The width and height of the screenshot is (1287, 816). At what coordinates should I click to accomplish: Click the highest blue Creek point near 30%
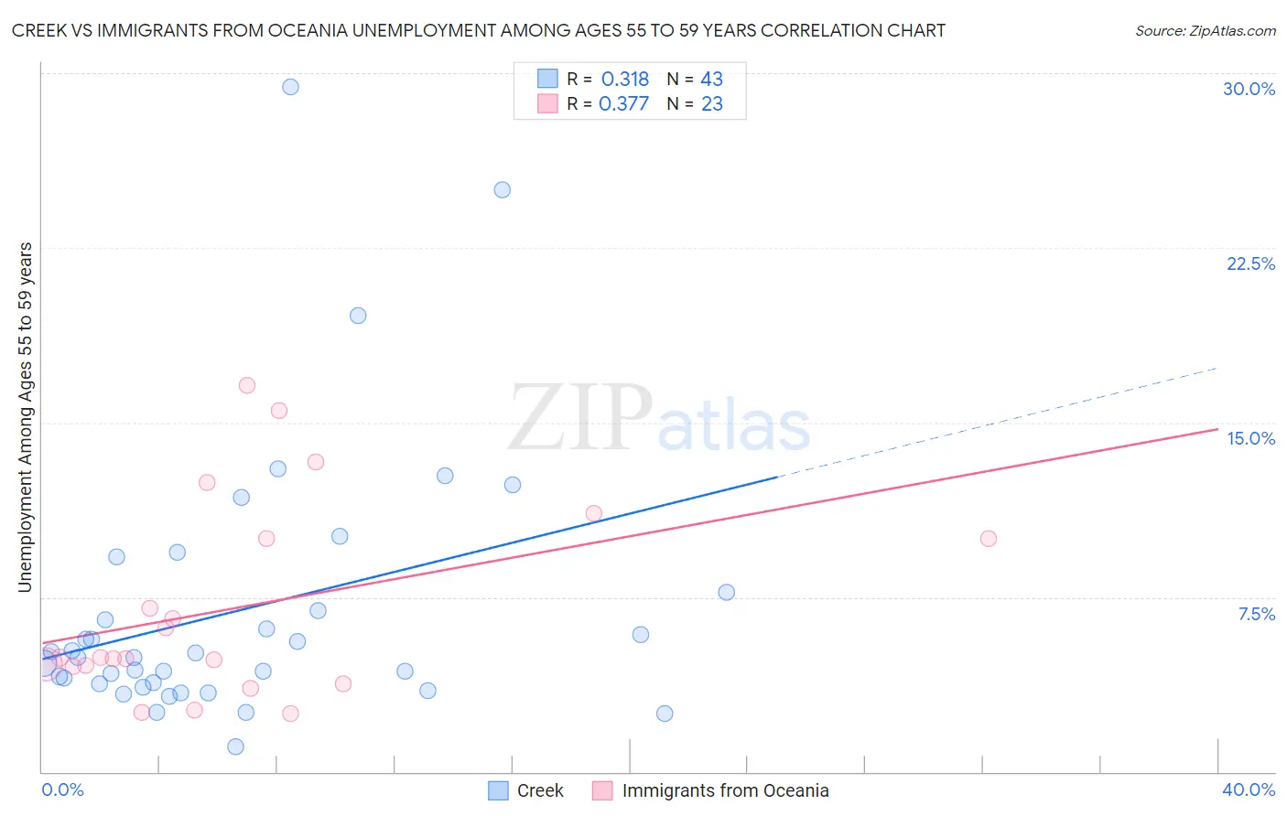[x=290, y=87]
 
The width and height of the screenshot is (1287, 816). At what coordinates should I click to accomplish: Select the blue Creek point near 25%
[x=502, y=190]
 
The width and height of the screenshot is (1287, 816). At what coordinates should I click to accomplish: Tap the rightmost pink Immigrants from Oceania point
[x=988, y=539]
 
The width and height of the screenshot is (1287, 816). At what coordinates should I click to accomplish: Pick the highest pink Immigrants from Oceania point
[x=246, y=385]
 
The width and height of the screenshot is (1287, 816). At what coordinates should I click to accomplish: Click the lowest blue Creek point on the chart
[x=235, y=746]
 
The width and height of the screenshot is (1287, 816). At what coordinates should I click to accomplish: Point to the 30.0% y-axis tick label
[x=1249, y=89]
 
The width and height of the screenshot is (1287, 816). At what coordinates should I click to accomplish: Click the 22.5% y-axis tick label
[x=1250, y=263]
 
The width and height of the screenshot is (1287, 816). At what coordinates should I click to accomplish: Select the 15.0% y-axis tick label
[x=1250, y=438]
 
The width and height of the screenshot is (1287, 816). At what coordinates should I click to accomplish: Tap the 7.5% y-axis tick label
[x=1256, y=614]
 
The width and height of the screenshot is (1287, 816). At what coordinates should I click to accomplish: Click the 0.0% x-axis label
[x=62, y=789]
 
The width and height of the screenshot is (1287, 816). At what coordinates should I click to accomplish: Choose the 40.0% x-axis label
[x=1248, y=789]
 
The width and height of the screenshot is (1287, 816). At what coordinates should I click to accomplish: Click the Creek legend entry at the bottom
[x=539, y=790]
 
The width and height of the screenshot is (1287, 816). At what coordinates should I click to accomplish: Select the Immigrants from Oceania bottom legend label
[x=725, y=790]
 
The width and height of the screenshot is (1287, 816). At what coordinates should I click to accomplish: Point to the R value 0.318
[x=625, y=80]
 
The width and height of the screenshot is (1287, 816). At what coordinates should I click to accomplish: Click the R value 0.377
[x=623, y=104]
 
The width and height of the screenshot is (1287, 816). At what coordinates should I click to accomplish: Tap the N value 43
[x=711, y=80]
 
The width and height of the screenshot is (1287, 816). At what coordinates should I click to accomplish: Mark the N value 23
[x=711, y=104]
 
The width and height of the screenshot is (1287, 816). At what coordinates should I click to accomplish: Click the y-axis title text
[x=26, y=417]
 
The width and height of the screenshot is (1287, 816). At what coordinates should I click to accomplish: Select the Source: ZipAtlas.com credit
[x=1205, y=31]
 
